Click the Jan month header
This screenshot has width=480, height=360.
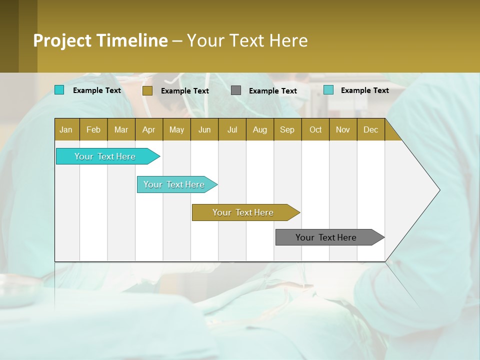point(66,129)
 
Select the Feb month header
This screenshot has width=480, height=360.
point(93,129)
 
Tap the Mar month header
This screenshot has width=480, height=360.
point(121,129)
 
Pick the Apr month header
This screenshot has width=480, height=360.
point(149,129)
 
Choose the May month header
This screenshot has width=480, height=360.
point(176,129)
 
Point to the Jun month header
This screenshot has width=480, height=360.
point(204,129)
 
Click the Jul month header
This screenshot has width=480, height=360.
point(232,129)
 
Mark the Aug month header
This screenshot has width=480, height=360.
point(260,129)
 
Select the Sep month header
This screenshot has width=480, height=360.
point(287,129)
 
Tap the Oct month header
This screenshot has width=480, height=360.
point(315,129)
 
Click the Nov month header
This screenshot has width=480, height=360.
point(343,129)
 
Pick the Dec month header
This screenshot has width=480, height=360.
point(371,129)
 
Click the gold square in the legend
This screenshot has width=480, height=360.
point(147,90)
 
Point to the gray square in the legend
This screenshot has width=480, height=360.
point(236,90)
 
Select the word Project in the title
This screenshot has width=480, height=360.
point(62,40)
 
